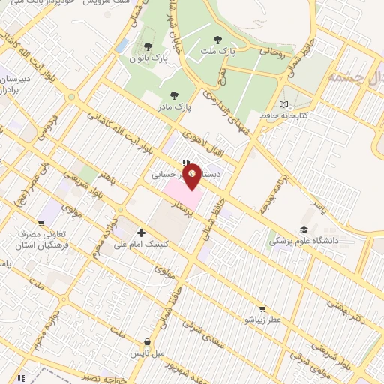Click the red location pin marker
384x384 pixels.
(x=193, y=175)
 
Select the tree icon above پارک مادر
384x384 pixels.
(x=175, y=95)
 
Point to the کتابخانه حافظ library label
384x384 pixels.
(x=305, y=115)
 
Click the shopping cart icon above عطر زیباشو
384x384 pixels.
(x=262, y=307)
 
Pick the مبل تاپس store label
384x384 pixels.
(x=148, y=352)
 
